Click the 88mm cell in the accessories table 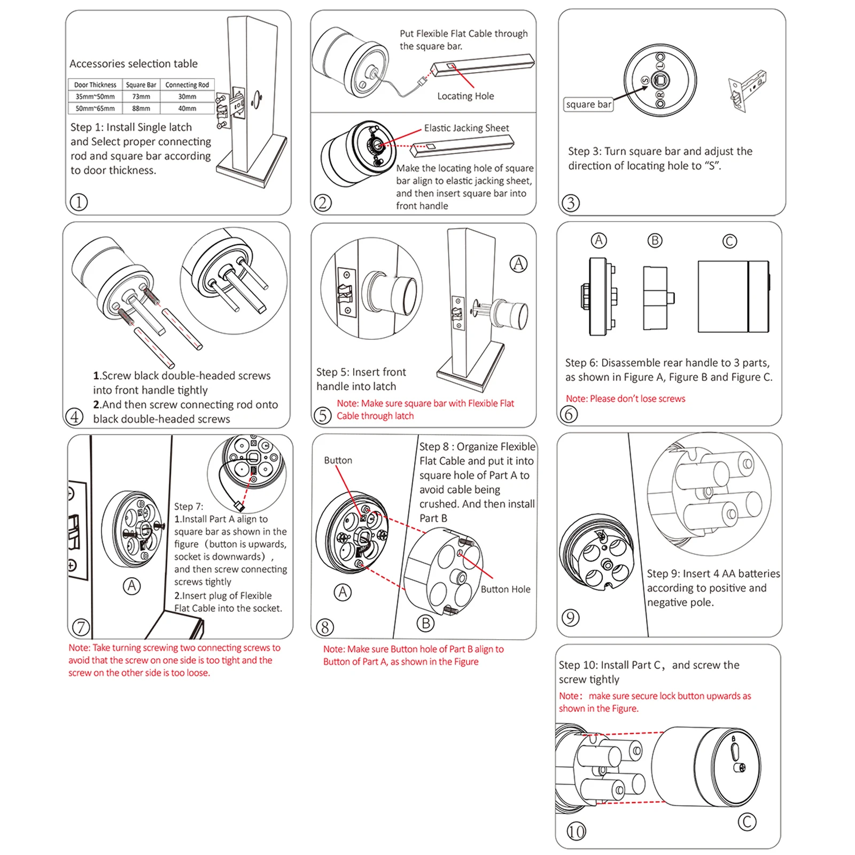coord(141,108)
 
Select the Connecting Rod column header coord(187,85)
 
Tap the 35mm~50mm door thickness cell coord(95,97)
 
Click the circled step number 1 coord(79,203)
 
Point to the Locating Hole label coord(465,96)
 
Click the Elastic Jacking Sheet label coord(467,128)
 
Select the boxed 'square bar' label coord(588,104)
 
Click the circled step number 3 coord(571,203)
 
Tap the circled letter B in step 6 coord(655,240)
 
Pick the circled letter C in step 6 coord(729,242)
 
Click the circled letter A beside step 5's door coord(518,264)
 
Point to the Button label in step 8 coord(338,460)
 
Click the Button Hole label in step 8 coord(506,589)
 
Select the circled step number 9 coord(571,618)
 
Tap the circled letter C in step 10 coord(747,822)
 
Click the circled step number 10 coord(576,831)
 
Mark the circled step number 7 coord(81,627)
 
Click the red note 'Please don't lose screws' coord(625,399)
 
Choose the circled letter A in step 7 coord(131,586)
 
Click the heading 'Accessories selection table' coord(134,64)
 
